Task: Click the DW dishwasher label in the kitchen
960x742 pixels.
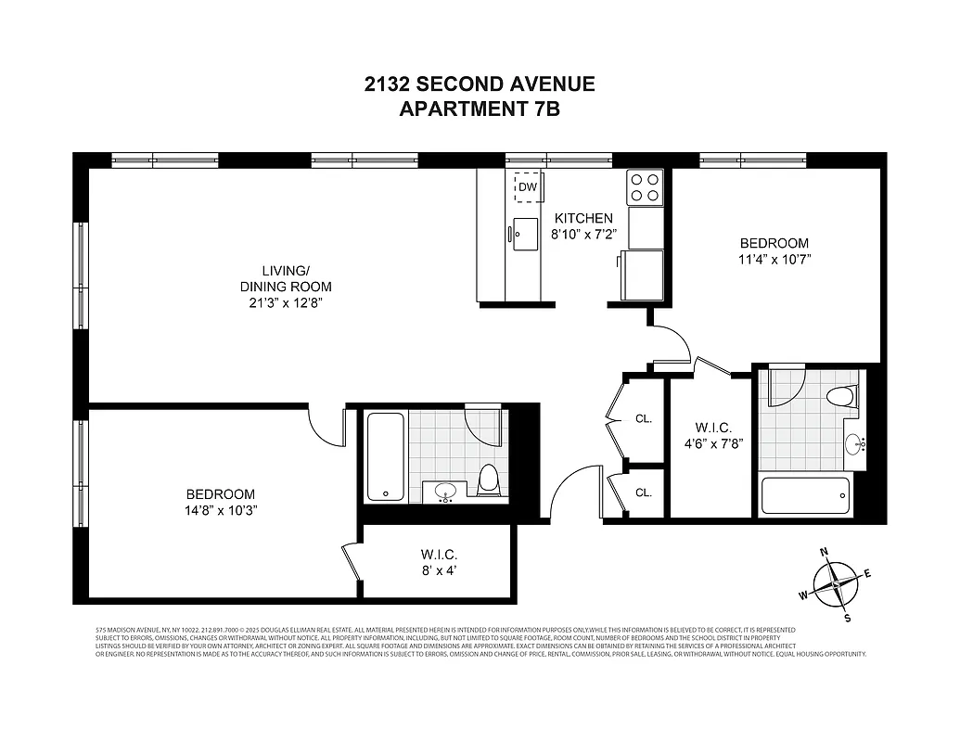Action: pos(528,186)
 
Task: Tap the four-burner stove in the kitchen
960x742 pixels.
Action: pos(645,186)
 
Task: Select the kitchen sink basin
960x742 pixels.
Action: pos(525,233)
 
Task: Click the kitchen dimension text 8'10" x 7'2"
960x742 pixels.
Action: pos(583,235)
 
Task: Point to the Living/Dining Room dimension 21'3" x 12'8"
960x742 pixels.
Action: pos(285,302)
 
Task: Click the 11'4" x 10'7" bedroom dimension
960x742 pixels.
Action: pos(774,260)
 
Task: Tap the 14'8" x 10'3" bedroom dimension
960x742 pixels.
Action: pos(220,510)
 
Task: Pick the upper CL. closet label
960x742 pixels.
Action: pos(644,418)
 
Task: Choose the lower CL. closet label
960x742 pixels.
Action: pos(644,493)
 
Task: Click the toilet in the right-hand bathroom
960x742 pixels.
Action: pos(840,397)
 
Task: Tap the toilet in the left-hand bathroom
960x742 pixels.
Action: pos(490,480)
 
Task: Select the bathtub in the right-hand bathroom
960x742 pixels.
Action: pos(804,497)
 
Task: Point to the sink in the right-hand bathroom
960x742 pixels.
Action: pos(856,444)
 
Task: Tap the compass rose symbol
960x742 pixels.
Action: pos(837,584)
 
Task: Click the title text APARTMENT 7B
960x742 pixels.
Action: pos(479,109)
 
